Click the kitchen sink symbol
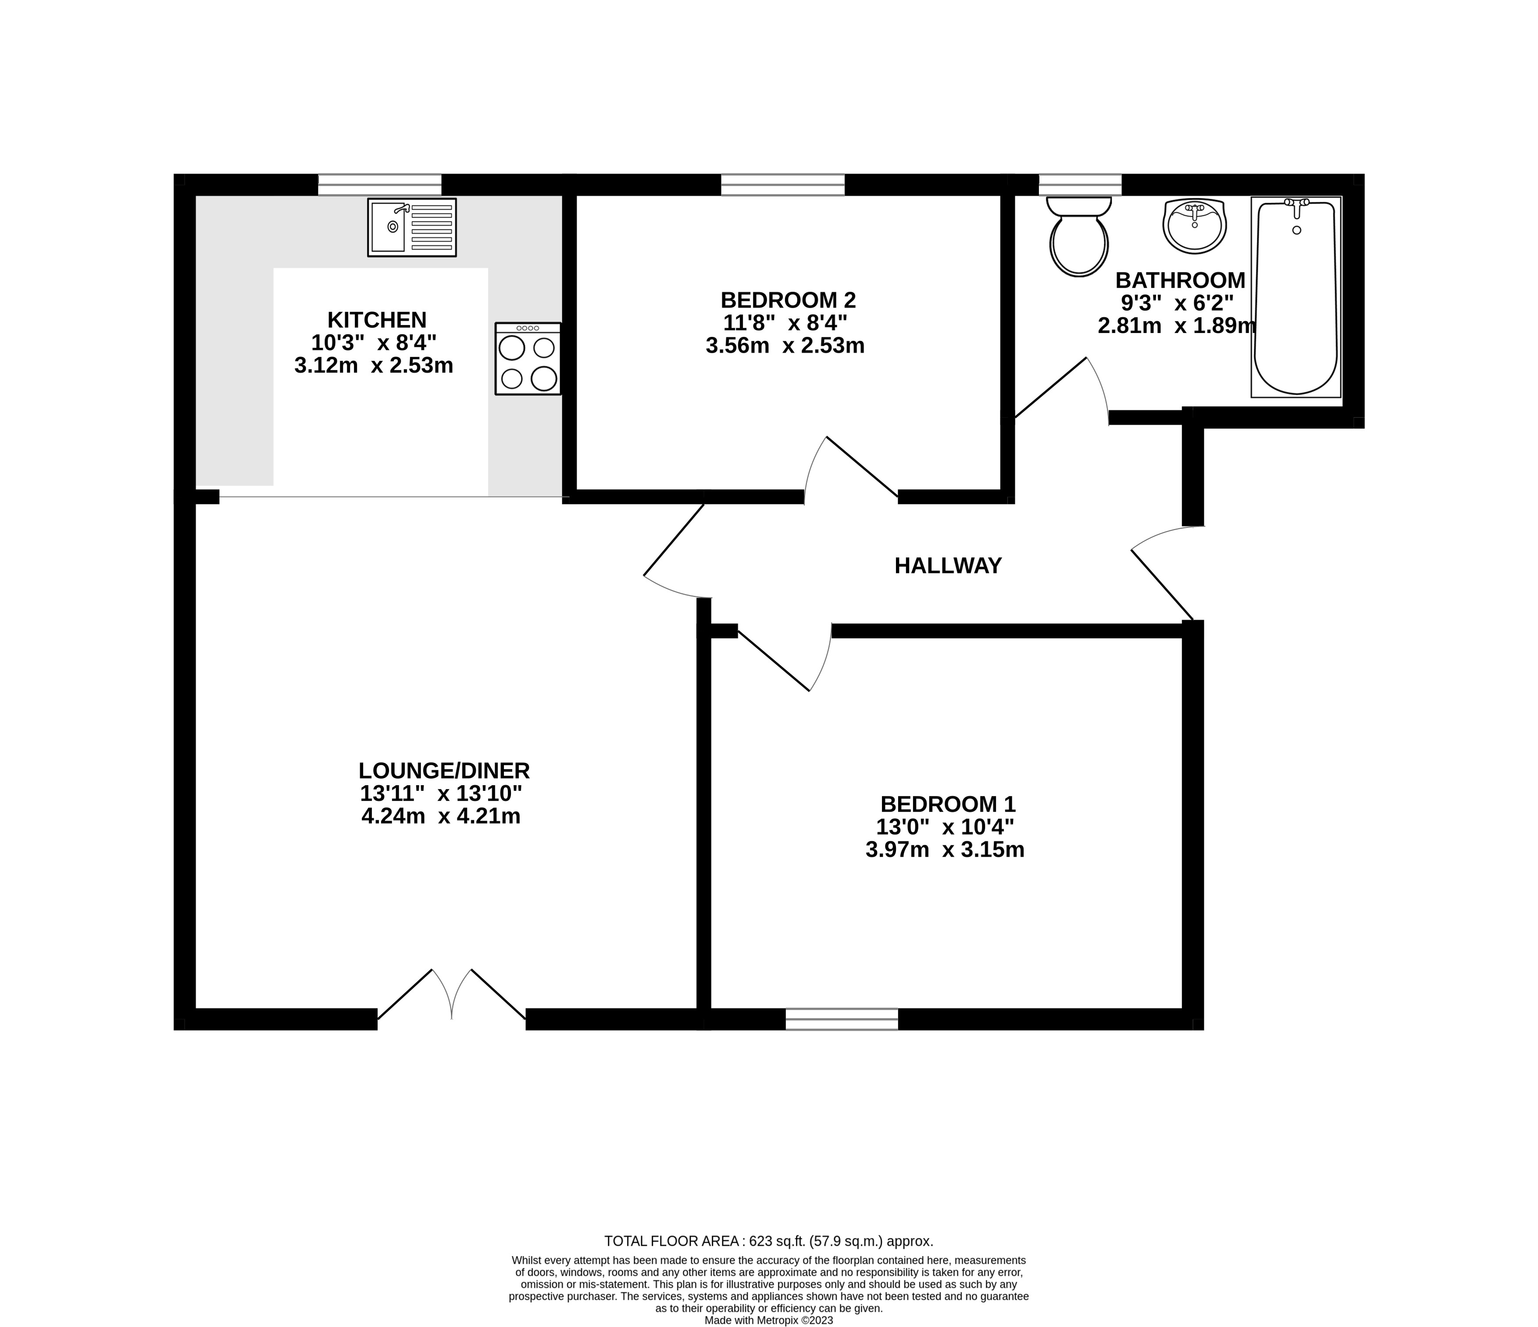(x=411, y=227)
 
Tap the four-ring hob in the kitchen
(x=528, y=359)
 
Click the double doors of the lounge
(x=451, y=997)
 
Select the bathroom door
(x=1058, y=390)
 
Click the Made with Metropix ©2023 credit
(x=768, y=1320)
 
